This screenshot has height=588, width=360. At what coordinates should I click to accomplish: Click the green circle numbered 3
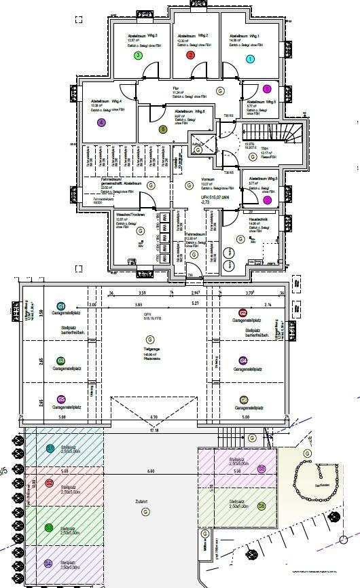[x=138, y=56]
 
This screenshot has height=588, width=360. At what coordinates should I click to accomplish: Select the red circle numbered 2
[x=190, y=56]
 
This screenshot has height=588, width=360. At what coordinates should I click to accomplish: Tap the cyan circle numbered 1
[x=250, y=59]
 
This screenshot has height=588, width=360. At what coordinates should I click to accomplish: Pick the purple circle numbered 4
[x=101, y=123]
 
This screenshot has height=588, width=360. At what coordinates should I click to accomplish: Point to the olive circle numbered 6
[x=162, y=129]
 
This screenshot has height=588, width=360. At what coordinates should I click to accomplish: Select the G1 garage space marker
[x=61, y=307]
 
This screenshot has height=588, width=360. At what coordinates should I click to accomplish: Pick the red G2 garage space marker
[x=243, y=313]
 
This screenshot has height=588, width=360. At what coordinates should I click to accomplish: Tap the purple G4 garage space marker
[x=243, y=361]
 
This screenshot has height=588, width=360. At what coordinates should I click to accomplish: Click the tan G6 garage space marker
[x=243, y=400]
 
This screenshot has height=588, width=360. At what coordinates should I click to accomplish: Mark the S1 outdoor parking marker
[x=50, y=448]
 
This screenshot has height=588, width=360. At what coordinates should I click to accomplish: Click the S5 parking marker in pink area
[x=261, y=468]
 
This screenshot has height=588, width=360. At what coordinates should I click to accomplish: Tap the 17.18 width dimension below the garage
[x=154, y=430]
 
